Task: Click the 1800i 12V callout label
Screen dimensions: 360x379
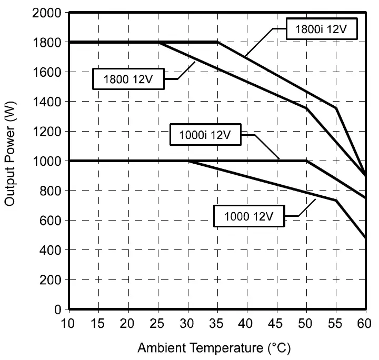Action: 322,29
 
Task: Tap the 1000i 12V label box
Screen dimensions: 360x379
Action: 205,135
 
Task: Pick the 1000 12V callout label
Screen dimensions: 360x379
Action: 249,215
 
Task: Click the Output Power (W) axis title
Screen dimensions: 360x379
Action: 11,161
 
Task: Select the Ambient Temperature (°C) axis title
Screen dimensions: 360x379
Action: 214,348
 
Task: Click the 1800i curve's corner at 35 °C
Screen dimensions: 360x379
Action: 217,42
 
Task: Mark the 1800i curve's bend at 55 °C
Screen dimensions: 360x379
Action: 336,108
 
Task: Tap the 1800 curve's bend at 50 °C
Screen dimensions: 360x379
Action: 306,108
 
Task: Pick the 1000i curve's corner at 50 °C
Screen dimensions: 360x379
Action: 306,161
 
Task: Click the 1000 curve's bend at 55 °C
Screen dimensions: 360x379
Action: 336,201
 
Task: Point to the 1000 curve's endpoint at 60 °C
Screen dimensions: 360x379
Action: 365,238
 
